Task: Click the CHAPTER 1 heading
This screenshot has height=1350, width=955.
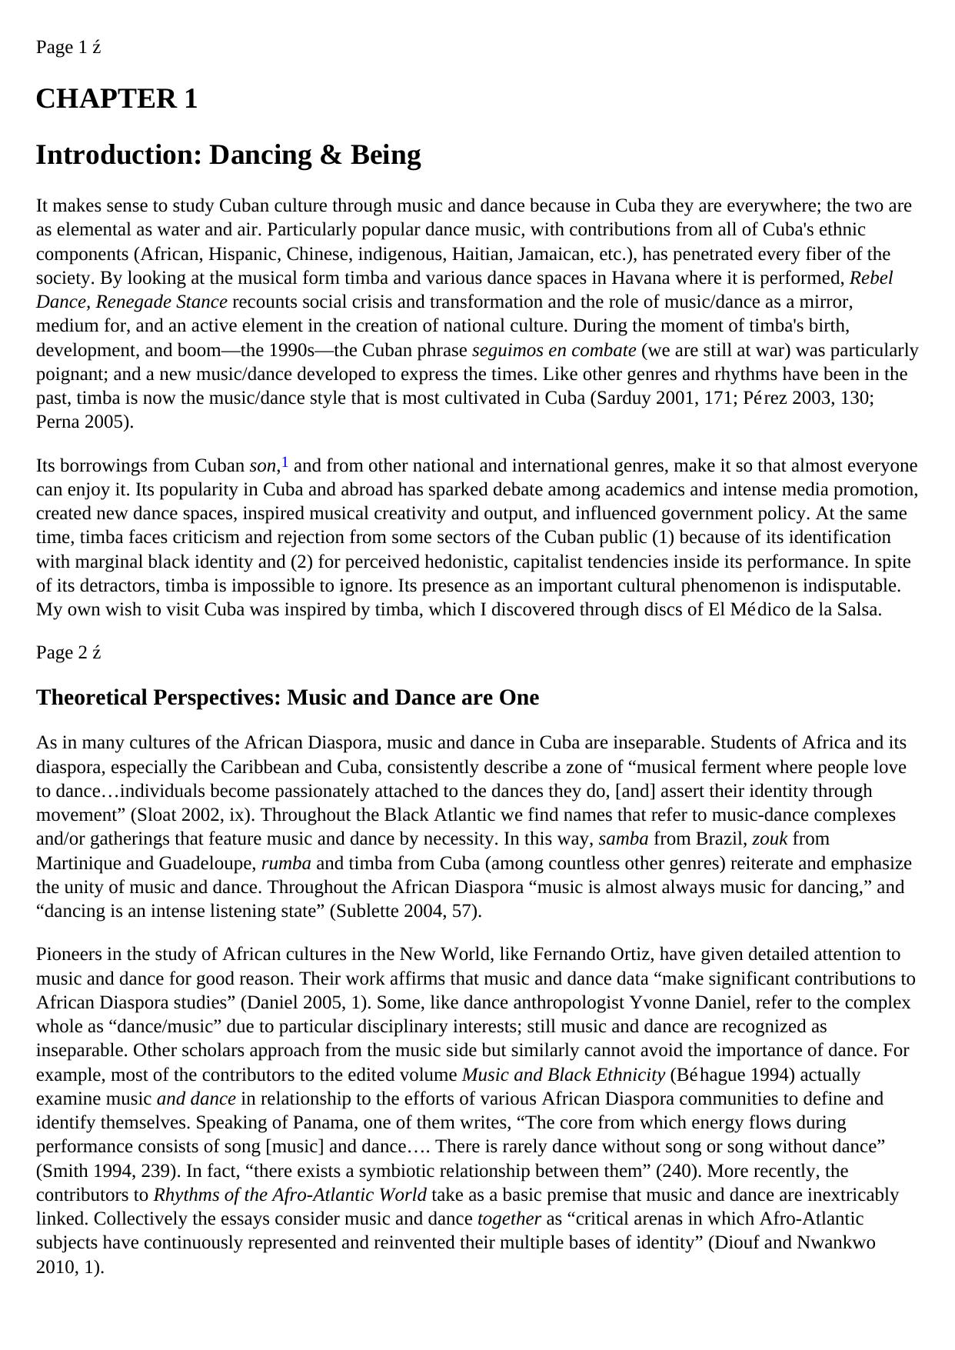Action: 116,99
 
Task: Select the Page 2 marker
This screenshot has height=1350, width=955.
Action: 68,653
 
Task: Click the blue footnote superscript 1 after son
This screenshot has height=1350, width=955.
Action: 285,462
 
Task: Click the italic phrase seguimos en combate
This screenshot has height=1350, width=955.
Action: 554,351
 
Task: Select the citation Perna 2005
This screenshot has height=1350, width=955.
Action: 83,422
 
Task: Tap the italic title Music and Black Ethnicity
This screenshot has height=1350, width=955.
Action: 563,1075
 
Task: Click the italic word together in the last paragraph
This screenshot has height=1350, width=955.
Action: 509,1219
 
